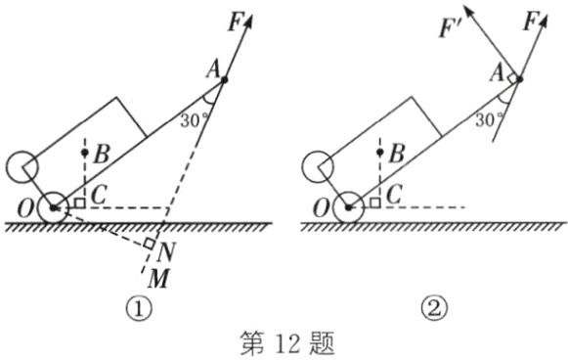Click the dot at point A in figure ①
pyautogui.click(x=224, y=78)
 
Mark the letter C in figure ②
pyautogui.click(x=393, y=195)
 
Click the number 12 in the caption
pyautogui.click(x=284, y=341)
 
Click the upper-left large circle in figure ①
pyautogui.click(x=21, y=164)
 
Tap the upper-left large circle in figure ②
pyautogui.click(x=314, y=164)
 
